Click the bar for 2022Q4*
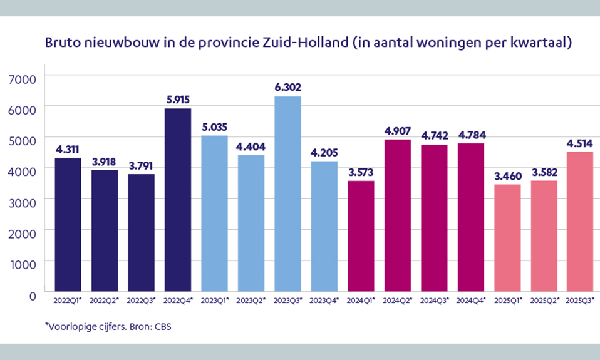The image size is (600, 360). coord(177,200)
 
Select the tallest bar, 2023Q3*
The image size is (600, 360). coord(287,194)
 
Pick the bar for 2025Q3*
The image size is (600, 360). coord(580,222)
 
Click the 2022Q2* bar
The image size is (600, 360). coord(104,231)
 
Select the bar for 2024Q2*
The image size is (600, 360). coord(397,216)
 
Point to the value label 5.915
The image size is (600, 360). coord(177,99)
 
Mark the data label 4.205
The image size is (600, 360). coord(324,152)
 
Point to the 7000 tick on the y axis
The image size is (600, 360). coord(25,78)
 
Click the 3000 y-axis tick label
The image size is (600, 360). coord(25,201)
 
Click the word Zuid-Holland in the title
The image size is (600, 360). coord(306,44)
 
